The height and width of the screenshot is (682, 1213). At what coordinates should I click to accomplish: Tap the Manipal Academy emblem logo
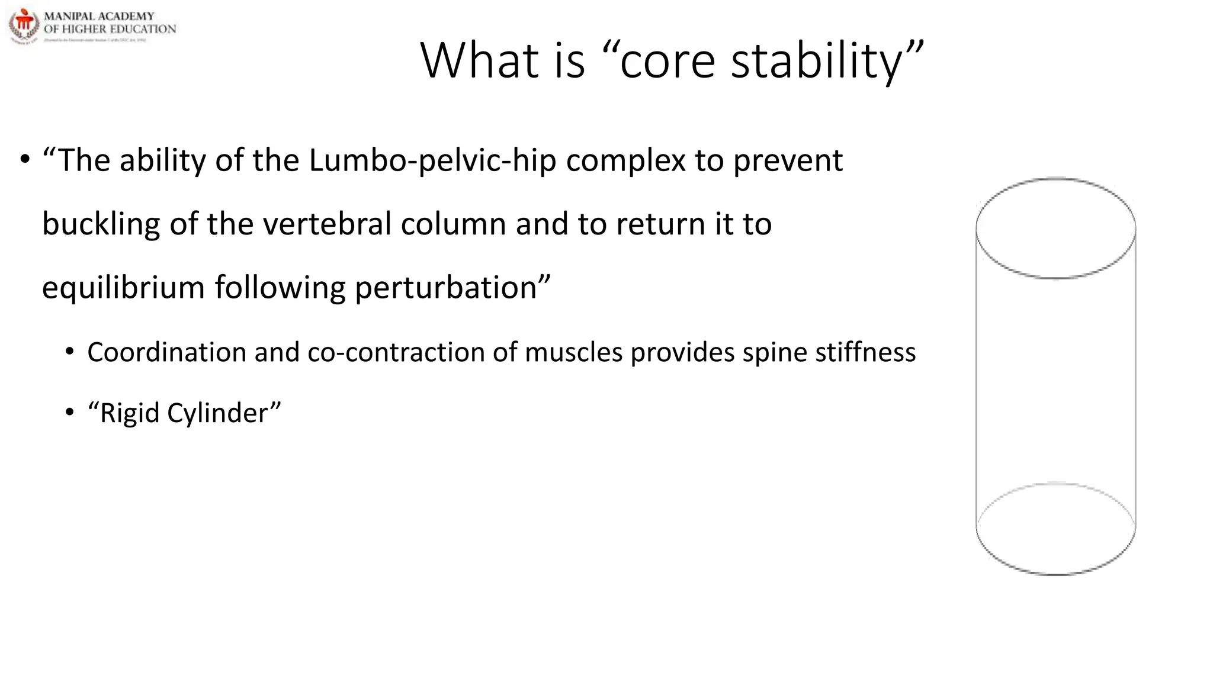tap(24, 25)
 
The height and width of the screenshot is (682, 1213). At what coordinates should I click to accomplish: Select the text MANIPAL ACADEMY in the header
tap(99, 16)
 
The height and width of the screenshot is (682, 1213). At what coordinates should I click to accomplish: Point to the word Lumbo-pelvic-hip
tap(432, 160)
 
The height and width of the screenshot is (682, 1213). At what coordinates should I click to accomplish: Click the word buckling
tap(101, 224)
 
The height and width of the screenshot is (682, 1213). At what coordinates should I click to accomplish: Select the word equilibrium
tap(123, 288)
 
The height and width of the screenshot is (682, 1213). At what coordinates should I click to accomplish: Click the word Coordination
tap(166, 352)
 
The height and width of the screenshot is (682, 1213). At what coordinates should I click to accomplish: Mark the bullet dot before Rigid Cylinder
tap(70, 413)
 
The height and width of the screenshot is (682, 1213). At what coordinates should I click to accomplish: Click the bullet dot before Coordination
tap(70, 352)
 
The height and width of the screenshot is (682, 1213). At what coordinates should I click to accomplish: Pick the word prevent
tap(788, 160)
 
